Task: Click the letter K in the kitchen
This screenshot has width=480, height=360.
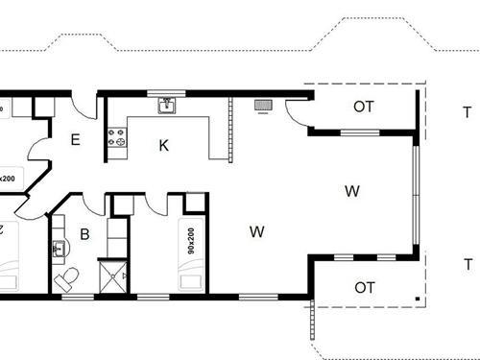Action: [164, 145]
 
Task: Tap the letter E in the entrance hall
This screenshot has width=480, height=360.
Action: [76, 139]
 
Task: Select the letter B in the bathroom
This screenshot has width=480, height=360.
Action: [84, 233]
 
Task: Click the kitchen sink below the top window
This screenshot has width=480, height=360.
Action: [166, 104]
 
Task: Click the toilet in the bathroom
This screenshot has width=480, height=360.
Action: [67, 278]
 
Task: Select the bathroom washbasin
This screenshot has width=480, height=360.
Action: [59, 249]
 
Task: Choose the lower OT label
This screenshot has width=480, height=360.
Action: [364, 287]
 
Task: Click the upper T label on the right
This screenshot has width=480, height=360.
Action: [468, 111]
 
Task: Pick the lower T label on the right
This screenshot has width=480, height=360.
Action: [468, 265]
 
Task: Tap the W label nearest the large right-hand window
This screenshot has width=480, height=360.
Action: [352, 191]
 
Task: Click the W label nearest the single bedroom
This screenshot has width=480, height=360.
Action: [256, 231]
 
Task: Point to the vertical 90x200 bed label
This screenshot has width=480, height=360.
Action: [191, 240]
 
